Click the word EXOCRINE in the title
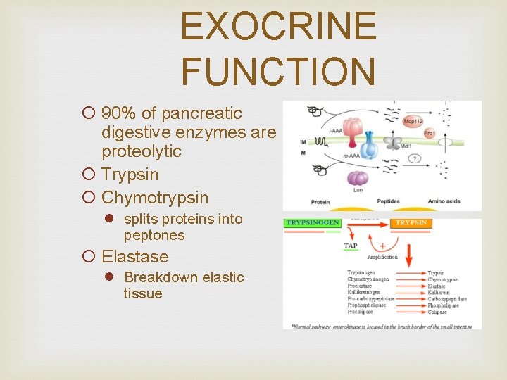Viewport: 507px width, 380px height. point(278,27)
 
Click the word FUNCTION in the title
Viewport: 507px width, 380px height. point(278,71)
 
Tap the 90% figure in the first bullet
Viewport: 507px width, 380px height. point(116,113)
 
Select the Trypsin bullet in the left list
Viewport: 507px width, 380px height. point(130,175)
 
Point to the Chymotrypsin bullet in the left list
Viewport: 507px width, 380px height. point(155,198)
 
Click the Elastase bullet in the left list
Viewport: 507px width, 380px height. point(135,257)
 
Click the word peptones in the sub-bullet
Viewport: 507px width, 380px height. point(154,235)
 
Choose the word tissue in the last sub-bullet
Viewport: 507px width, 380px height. point(142,293)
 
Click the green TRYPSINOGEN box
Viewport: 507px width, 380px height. point(312,223)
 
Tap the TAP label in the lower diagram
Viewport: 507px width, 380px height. point(351,246)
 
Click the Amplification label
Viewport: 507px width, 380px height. point(383,258)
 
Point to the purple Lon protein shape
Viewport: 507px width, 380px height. point(358,179)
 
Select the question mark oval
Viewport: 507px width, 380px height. point(415,158)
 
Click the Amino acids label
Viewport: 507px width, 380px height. point(444,201)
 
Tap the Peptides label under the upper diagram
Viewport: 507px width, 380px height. point(389,201)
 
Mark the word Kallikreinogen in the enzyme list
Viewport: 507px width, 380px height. point(363,292)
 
